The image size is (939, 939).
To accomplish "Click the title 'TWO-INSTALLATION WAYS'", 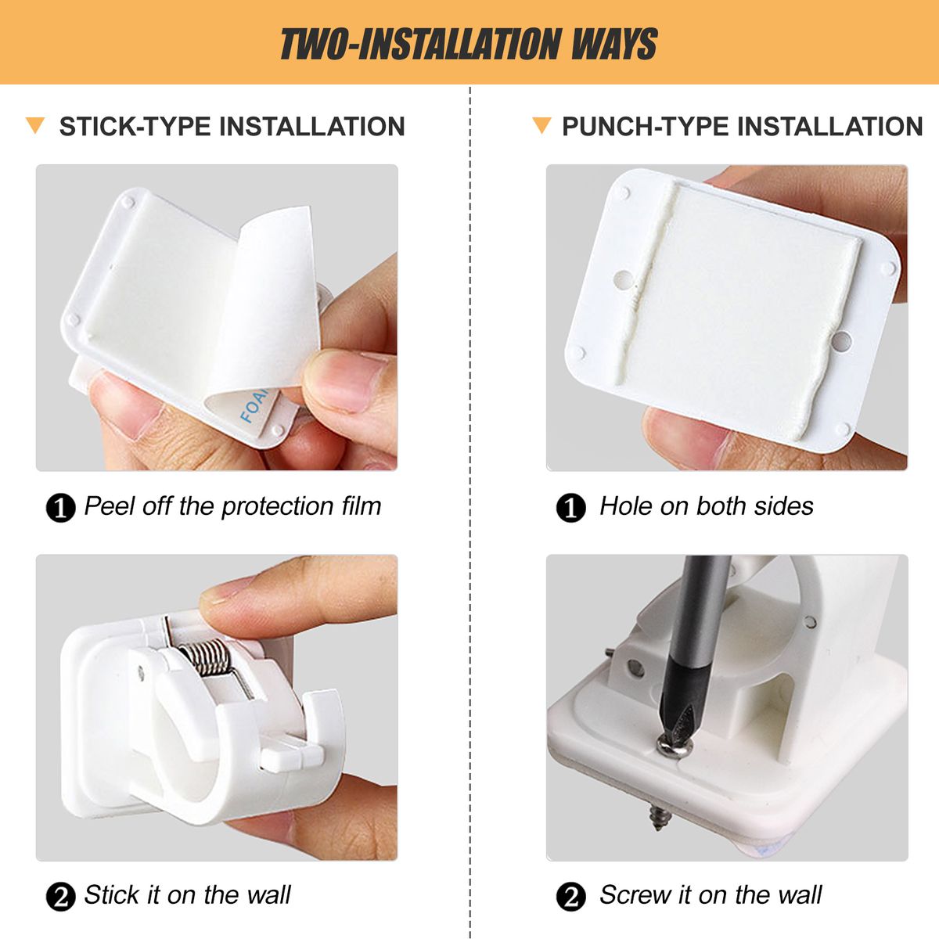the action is pos(469,44).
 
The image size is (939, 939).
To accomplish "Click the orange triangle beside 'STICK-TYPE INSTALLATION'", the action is pos(35,125).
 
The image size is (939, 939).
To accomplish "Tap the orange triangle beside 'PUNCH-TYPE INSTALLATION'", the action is pos(541,125).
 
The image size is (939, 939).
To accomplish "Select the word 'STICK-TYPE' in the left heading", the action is pos(135,127).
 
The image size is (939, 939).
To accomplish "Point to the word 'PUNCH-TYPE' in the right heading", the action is pos(645,127).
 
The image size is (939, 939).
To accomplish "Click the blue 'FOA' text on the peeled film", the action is pos(254,404).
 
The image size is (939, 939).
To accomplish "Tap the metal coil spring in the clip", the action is pos(206,657).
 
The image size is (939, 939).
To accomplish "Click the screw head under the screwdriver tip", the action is pos(675,747).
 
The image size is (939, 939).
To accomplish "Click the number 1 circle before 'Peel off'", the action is pos(60,509).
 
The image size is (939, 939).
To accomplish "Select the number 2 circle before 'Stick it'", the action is pos(60,897).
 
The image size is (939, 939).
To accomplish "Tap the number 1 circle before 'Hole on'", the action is pos(570,509).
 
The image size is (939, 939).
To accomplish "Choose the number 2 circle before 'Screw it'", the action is pos(570,897).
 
